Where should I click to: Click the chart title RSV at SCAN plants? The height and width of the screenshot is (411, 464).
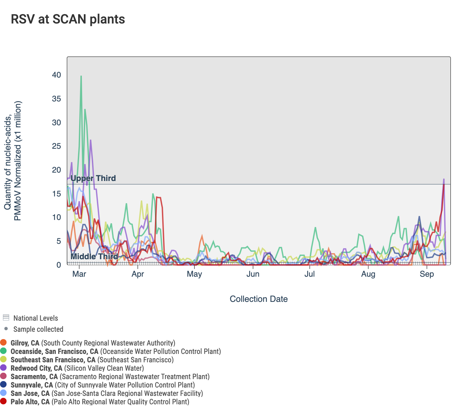(68, 19)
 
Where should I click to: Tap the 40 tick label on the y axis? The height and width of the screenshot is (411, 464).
(57, 75)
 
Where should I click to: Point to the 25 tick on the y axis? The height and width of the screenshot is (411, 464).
(57, 146)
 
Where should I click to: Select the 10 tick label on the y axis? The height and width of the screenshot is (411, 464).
(57, 217)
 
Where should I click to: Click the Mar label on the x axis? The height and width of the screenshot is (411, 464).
(79, 274)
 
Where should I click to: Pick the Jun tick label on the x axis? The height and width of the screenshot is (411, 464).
(253, 274)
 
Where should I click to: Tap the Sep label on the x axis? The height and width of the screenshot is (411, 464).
(427, 274)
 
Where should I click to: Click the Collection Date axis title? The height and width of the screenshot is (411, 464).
(258, 299)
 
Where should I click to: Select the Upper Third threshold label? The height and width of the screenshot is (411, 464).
(93, 178)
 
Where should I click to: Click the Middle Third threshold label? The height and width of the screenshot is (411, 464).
(94, 257)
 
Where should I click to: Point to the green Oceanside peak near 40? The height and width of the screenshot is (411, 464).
(81, 77)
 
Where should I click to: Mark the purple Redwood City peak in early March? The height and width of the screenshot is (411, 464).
(91, 140)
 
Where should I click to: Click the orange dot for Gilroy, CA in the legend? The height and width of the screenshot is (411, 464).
(4, 343)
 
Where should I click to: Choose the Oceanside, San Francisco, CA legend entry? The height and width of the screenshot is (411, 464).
(54, 352)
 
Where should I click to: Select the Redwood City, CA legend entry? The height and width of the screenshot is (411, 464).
(37, 368)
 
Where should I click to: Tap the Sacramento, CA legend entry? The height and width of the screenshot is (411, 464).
(34, 377)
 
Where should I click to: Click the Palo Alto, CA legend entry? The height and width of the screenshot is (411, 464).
(30, 402)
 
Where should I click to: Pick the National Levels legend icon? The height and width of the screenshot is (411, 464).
(6, 318)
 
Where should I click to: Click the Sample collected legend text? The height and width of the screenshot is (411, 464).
(38, 329)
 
